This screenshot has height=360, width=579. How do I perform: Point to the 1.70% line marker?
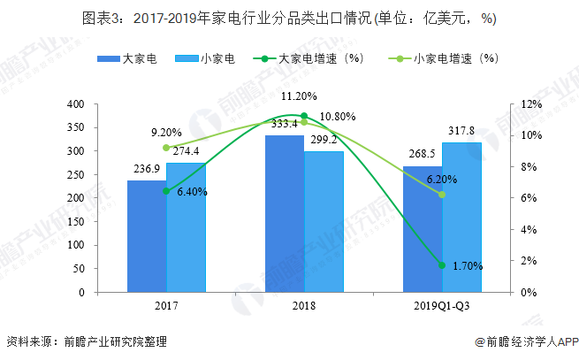441,265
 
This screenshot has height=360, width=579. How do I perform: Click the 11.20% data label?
300,96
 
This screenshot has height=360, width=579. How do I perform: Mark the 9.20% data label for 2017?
167,133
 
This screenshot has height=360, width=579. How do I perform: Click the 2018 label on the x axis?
303,306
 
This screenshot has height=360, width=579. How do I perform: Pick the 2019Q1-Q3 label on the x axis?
441,306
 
